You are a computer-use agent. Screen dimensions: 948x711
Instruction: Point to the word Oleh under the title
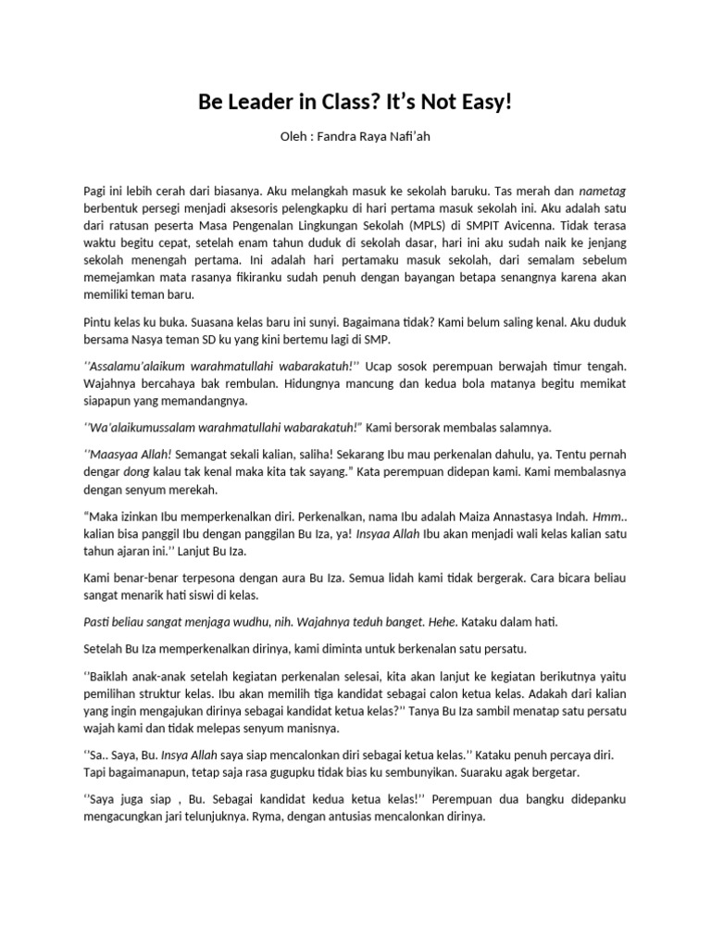[x=293, y=137]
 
